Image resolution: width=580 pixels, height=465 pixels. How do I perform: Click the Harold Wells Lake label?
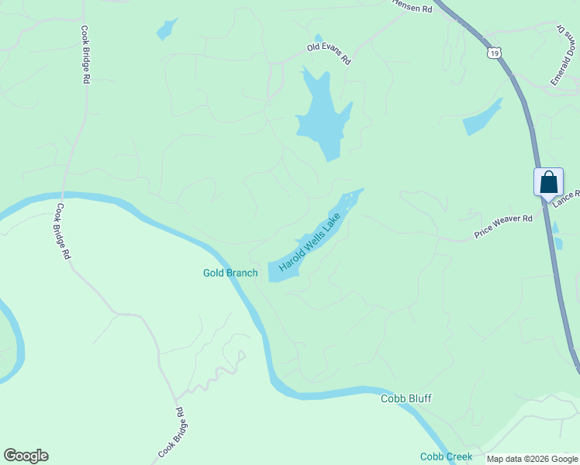tap(310, 243)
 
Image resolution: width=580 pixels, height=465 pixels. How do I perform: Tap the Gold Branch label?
tap(230, 273)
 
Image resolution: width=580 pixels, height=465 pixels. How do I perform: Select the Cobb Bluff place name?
tap(406, 398)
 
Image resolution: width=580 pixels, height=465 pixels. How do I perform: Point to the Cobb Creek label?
tap(446, 456)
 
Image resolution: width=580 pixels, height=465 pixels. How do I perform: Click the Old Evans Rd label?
tap(329, 53)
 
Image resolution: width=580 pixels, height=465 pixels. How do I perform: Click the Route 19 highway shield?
tap(495, 53)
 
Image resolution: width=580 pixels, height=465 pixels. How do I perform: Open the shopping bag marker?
tap(548, 184)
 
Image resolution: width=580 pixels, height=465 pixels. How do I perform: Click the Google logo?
tap(26, 456)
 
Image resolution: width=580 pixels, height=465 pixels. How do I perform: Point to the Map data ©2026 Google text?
tap(532, 459)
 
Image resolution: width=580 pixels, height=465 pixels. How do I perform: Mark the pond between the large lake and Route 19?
tap(482, 118)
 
